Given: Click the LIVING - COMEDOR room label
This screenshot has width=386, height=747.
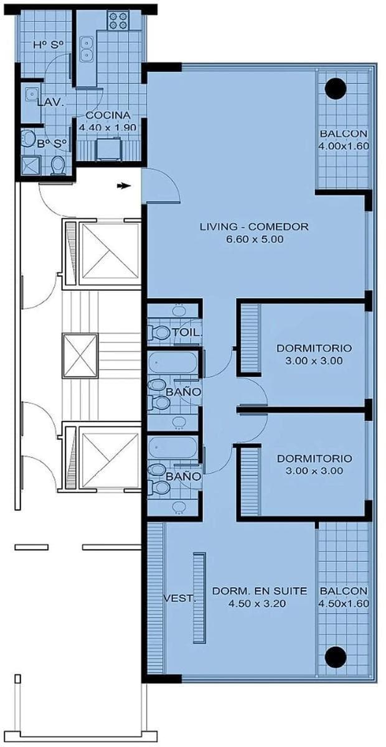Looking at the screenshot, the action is tap(254, 227).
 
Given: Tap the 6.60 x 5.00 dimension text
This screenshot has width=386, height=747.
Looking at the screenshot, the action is tap(255, 240).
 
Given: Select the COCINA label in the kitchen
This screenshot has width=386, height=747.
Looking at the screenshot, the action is tap(108, 115).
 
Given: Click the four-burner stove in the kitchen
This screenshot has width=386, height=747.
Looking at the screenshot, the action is tap(119, 20).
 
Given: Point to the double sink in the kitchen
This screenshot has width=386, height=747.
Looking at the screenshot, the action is tap(87, 49).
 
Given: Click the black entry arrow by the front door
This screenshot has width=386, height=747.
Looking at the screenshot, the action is tap(123, 186).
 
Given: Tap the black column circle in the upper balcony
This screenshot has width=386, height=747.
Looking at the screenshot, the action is tap(336, 88).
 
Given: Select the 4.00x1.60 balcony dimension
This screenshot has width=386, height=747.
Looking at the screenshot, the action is tap(344, 146).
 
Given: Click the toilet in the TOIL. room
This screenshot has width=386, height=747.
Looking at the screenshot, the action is tap(159, 332).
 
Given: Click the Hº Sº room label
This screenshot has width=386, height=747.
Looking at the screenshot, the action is tap(49, 45).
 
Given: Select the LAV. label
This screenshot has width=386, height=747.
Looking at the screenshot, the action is tap(50, 103).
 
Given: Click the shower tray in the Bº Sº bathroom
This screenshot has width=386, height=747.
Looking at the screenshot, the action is tap(31, 165).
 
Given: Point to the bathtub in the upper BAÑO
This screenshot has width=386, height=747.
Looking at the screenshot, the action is tap(172, 362).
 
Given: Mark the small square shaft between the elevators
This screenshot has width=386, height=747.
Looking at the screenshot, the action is tap(80, 356).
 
